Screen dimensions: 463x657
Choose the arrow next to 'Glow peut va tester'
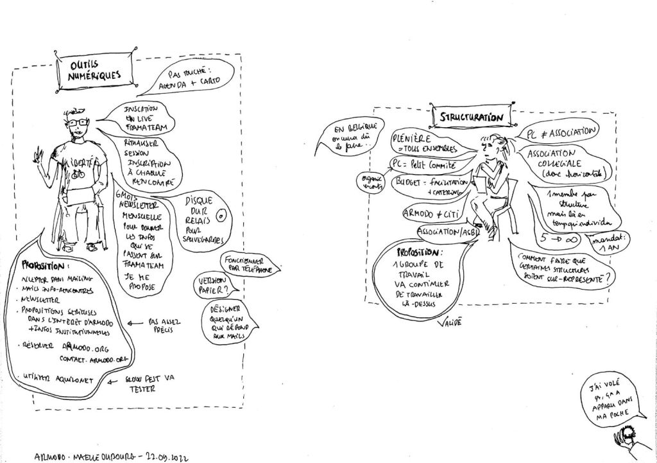[114, 380]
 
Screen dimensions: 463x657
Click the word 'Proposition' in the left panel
[44, 265]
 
